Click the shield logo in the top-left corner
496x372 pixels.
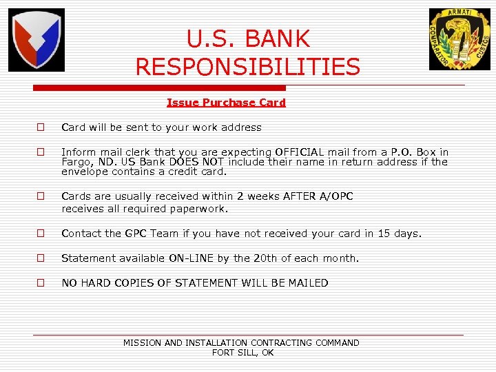(x=37, y=40)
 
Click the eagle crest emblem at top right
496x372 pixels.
(x=459, y=39)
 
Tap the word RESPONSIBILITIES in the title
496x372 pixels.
(x=248, y=67)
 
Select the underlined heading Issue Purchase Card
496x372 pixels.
(x=226, y=103)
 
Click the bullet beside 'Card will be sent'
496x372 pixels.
(x=41, y=127)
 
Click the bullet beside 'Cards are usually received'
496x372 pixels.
(x=41, y=196)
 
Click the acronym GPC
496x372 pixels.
(x=135, y=234)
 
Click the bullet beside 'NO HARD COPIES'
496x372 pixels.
(x=41, y=283)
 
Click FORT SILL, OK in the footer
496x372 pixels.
(x=242, y=353)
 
